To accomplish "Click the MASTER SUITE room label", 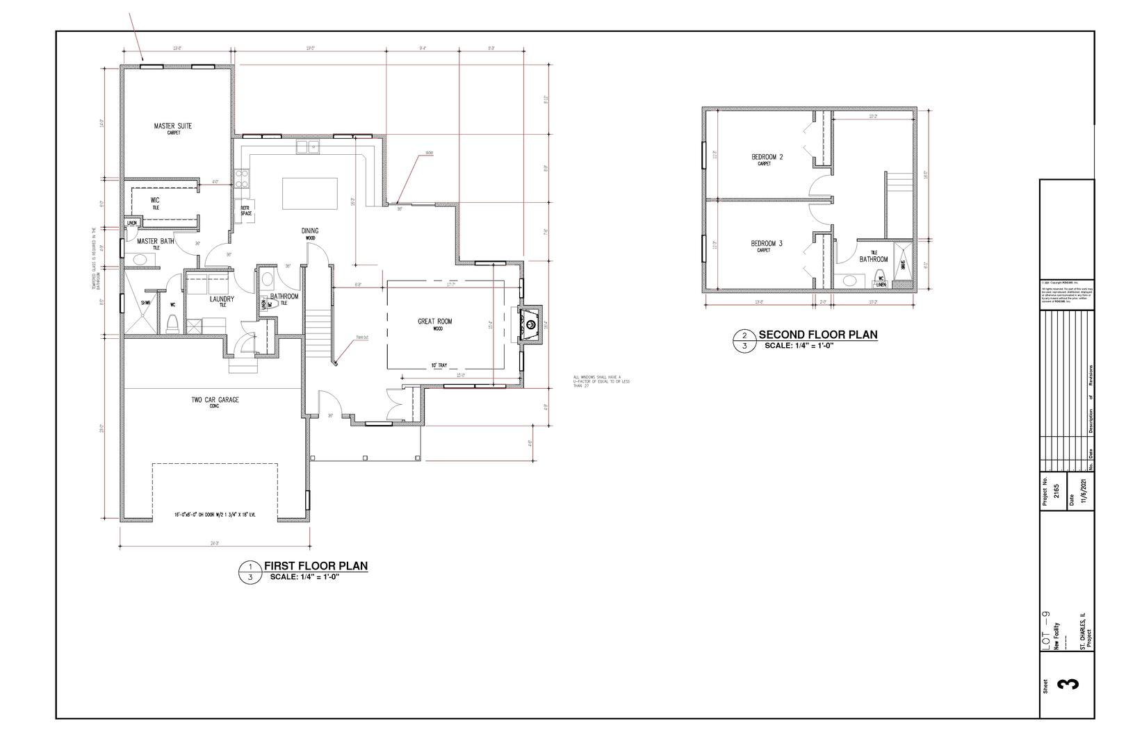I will pyautogui.click(x=173, y=126).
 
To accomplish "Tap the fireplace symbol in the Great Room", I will pyautogui.click(x=530, y=323).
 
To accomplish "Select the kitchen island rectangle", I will pyautogui.click(x=309, y=193).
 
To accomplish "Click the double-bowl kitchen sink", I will pyautogui.click(x=307, y=146).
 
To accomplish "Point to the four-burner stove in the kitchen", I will pyautogui.click(x=242, y=178).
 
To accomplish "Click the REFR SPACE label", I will pyautogui.click(x=245, y=210).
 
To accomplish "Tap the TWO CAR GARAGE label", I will pyautogui.click(x=215, y=400).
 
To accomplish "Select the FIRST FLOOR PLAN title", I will pyautogui.click(x=315, y=566).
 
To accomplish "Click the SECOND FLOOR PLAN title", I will pyautogui.click(x=817, y=335).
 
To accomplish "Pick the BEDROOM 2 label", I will pyautogui.click(x=767, y=158).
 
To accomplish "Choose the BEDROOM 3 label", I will pyautogui.click(x=767, y=244).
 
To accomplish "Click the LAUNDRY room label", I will pyautogui.click(x=222, y=299).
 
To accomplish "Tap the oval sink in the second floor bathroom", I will pyautogui.click(x=849, y=281).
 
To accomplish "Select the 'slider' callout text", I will pyautogui.click(x=430, y=153).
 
